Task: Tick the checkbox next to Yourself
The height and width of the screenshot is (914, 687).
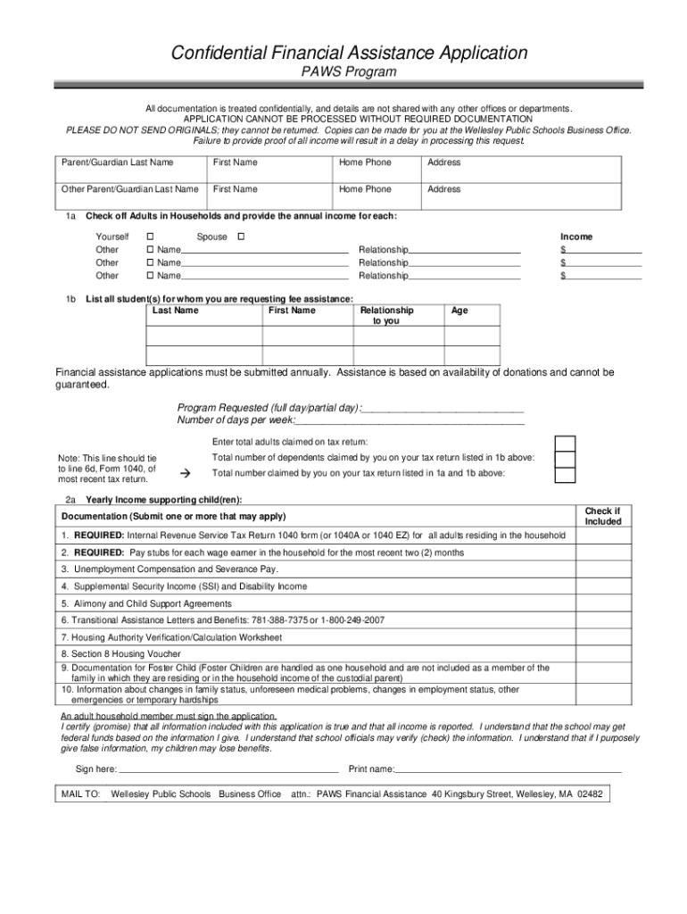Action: tap(150, 237)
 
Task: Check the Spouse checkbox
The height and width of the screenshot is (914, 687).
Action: tap(238, 237)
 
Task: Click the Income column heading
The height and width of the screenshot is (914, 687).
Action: tap(575, 237)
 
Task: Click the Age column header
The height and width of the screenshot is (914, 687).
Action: tap(459, 311)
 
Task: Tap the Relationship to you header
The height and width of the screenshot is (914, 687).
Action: tap(386, 316)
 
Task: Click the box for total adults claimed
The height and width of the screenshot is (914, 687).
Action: tap(565, 444)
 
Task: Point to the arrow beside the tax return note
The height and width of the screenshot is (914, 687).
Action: tap(186, 471)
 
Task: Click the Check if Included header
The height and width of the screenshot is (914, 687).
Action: tap(602, 516)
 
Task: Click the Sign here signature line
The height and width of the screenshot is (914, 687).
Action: tap(228, 768)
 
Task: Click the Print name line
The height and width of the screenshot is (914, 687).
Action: tap(508, 768)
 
